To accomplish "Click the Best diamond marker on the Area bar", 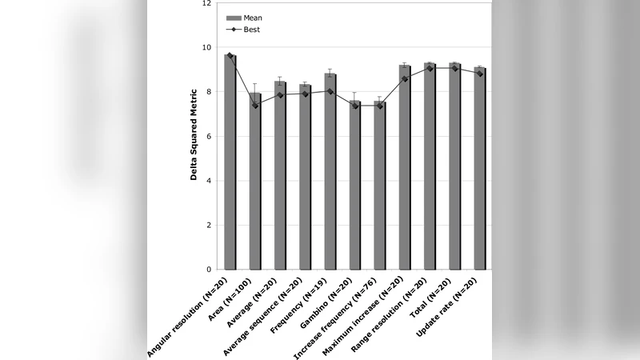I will coord(255,105).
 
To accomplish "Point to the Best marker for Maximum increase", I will coord(405,79).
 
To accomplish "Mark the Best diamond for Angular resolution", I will coord(230,56).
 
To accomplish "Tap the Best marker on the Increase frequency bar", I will coord(380,105).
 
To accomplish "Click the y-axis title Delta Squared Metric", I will coord(194,137).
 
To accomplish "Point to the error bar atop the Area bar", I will coord(255,84).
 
